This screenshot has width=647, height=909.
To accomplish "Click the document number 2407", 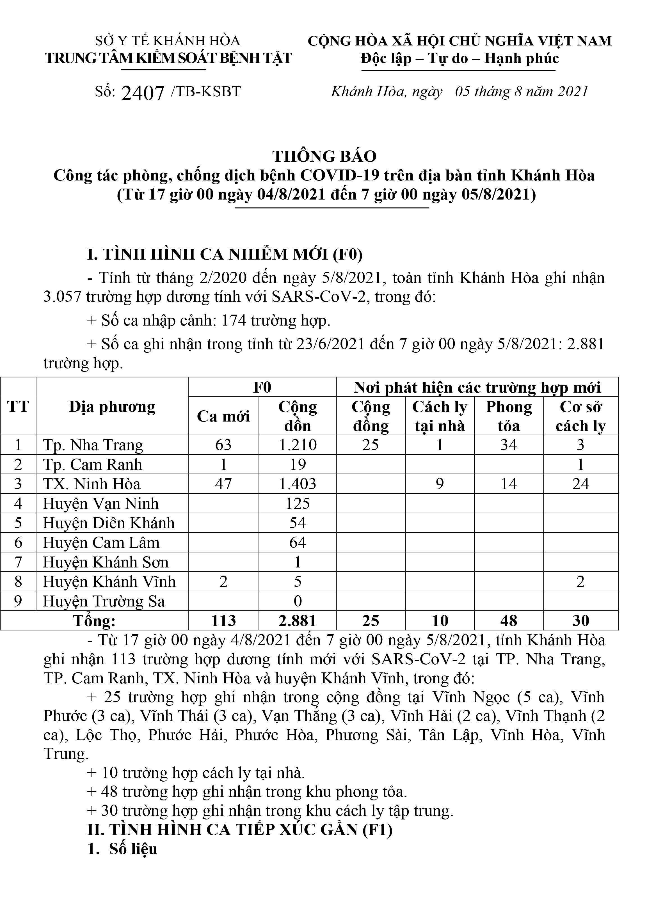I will point(143,93).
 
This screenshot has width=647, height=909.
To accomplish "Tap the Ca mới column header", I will point(223,416).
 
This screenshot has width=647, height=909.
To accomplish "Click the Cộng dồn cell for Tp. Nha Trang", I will point(298,445).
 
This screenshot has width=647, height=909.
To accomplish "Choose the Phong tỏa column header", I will point(509,416).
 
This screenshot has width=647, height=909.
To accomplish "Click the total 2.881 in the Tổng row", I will point(298,621).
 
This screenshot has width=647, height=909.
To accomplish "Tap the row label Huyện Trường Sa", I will point(104,601).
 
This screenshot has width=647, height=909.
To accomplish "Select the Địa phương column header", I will point(112,407).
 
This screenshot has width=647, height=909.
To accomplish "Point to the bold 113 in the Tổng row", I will point(223,621).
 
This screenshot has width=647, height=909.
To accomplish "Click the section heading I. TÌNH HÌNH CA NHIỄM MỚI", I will point(225,255).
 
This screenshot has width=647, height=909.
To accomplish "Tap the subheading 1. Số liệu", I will point(123,849).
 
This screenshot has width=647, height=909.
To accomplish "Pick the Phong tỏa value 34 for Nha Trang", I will point(509,445).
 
